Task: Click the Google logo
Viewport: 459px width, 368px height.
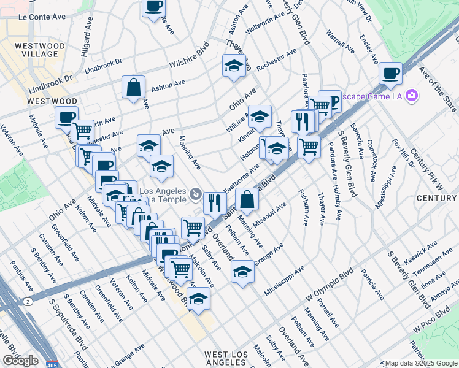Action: click(20, 361)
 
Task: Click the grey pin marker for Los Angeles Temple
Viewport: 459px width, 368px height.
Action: click(195, 194)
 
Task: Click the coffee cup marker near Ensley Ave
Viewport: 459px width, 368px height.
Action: click(390, 74)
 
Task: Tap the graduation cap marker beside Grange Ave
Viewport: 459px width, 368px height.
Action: click(243, 270)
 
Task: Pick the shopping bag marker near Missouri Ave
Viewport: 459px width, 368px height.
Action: click(247, 199)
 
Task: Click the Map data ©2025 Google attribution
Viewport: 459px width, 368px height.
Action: click(420, 363)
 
